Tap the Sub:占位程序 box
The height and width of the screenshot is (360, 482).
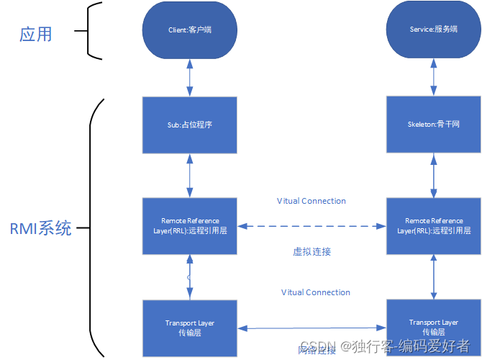pos(190,125)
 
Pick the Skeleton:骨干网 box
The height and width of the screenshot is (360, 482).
pos(433,125)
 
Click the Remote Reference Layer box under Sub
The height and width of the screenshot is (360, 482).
pos(190,225)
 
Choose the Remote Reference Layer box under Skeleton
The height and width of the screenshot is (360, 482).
pos(433,225)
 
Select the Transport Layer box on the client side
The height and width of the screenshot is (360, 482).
pos(190,328)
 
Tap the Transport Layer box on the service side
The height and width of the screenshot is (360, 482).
pos(433,326)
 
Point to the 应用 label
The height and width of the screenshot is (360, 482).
pos(36,34)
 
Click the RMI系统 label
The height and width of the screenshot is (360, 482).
pos(41,230)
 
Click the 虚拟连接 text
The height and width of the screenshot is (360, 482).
pos(312,251)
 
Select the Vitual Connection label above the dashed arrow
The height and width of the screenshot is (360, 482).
pos(312,201)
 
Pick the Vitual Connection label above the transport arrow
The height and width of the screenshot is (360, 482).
pos(316,292)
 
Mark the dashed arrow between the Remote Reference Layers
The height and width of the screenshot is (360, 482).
pos(312,226)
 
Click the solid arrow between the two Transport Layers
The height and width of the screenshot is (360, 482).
pos(312,328)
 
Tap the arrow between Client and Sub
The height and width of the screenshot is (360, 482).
pos(190,78)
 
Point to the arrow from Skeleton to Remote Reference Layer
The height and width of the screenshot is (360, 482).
pos(433,175)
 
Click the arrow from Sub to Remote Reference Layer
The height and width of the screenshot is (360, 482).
pos(190,175)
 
